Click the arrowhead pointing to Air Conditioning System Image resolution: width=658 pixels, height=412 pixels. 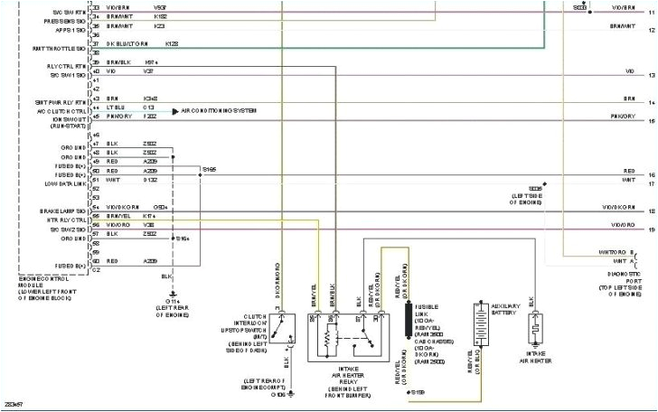(175, 110)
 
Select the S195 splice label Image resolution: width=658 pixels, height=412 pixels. (209, 168)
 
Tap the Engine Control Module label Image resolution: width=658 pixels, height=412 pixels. (45, 283)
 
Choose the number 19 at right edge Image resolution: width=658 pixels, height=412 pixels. (650, 231)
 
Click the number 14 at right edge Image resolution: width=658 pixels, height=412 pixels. (650, 103)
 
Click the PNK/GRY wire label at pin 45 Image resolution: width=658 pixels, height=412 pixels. (119, 117)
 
